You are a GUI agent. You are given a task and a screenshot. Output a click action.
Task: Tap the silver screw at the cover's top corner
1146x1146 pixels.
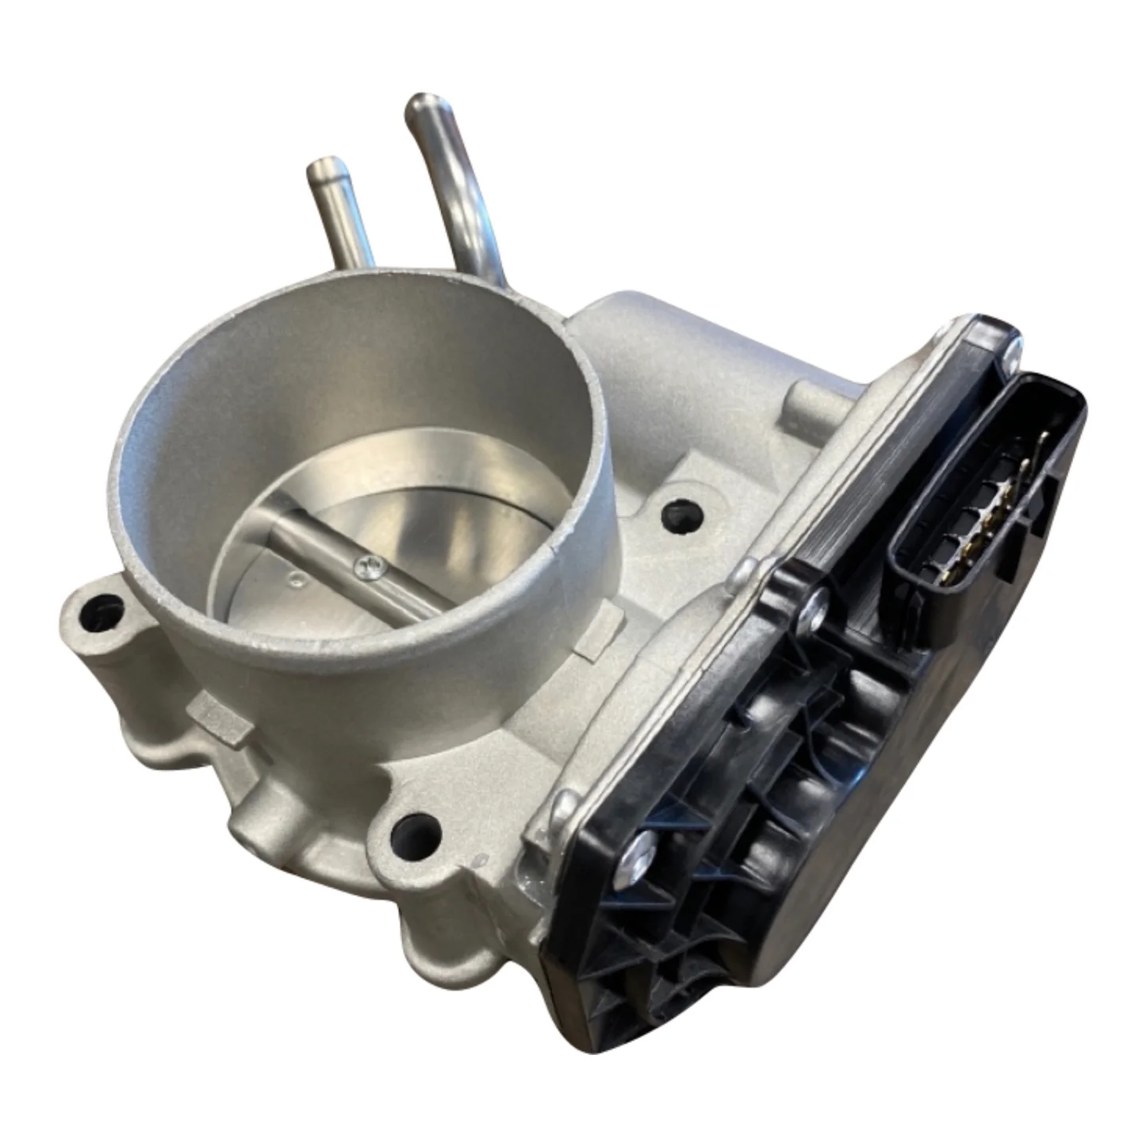click(1010, 358)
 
